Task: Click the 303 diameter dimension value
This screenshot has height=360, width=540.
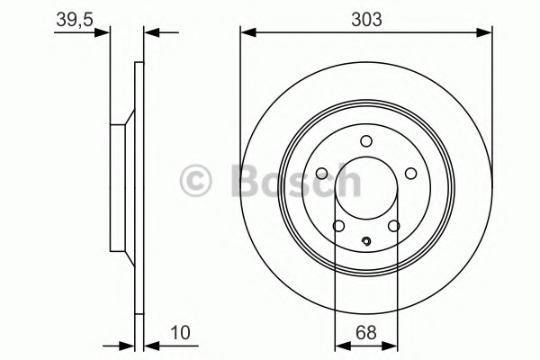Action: click(366, 19)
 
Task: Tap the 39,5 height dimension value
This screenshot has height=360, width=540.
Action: click(75, 20)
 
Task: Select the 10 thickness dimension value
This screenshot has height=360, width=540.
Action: click(180, 332)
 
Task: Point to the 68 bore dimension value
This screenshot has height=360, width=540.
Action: click(366, 332)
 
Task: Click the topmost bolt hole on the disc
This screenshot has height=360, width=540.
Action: click(366, 141)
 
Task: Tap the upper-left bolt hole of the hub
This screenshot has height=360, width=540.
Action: click(321, 174)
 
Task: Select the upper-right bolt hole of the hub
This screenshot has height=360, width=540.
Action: click(411, 174)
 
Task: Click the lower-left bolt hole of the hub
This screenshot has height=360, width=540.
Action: click(338, 226)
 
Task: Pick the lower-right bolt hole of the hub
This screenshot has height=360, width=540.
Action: click(393, 226)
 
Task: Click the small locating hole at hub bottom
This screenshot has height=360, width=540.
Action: click(366, 241)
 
